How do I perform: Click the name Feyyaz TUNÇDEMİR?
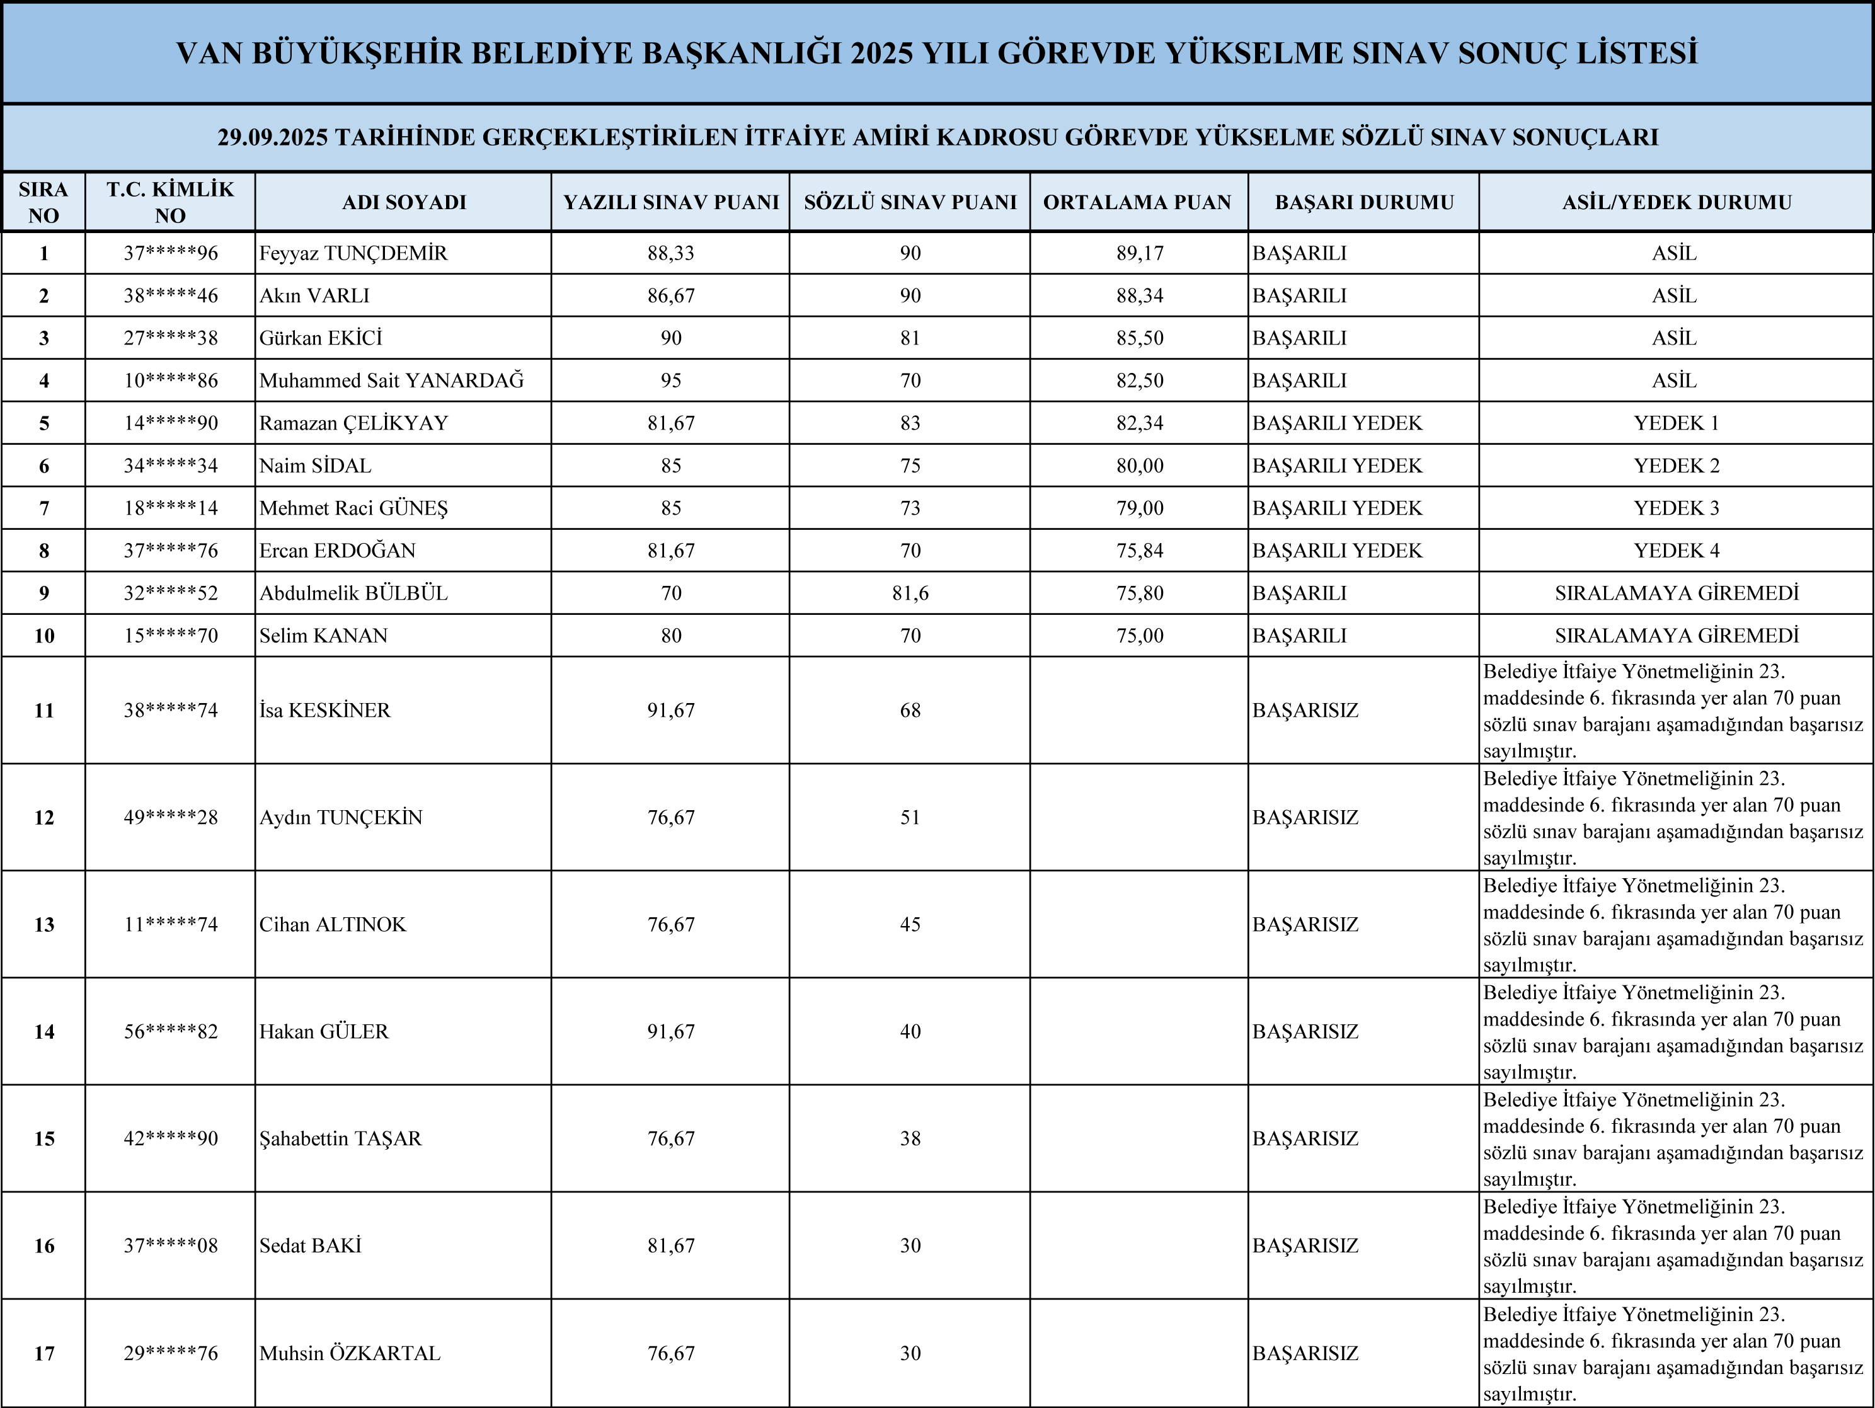click(x=353, y=253)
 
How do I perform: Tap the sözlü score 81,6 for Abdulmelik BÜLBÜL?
click(x=910, y=593)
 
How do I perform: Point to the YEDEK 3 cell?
click(x=1676, y=508)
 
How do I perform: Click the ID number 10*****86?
click(x=170, y=381)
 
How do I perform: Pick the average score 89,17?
click(x=1139, y=253)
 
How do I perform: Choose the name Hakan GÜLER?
click(x=324, y=1032)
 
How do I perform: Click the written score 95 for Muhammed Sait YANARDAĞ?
click(x=670, y=381)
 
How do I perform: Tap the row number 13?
click(x=44, y=925)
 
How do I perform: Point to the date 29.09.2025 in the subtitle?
click(x=272, y=137)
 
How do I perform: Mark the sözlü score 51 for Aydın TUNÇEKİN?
click(x=910, y=818)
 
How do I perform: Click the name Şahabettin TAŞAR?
click(x=340, y=1138)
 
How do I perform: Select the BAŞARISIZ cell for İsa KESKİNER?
click(x=1305, y=711)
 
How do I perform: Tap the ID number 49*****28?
click(x=170, y=818)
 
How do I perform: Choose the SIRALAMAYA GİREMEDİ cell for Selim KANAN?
click(x=1676, y=636)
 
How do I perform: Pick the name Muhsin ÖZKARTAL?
click(x=349, y=1354)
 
